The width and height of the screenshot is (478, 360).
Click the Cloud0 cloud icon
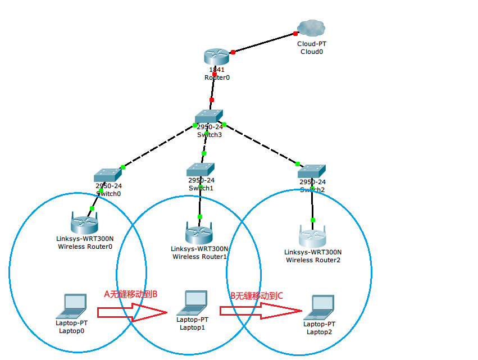(312, 27)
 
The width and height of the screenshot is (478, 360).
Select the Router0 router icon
(216, 56)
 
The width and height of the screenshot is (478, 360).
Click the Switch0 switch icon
(108, 175)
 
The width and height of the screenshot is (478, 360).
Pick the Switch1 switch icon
(201, 169)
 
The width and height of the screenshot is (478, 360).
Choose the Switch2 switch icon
(312, 171)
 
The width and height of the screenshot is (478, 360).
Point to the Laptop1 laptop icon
(192, 303)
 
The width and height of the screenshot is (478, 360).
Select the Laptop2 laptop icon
(320, 307)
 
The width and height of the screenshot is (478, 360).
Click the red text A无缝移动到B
(130, 294)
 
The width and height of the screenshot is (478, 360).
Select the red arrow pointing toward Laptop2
(260, 311)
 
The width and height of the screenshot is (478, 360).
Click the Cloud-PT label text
(312, 43)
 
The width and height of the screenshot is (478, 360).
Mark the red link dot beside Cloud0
(295, 34)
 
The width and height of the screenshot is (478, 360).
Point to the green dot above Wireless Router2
(313, 220)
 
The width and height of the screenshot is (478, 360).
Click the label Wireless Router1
(199, 257)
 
